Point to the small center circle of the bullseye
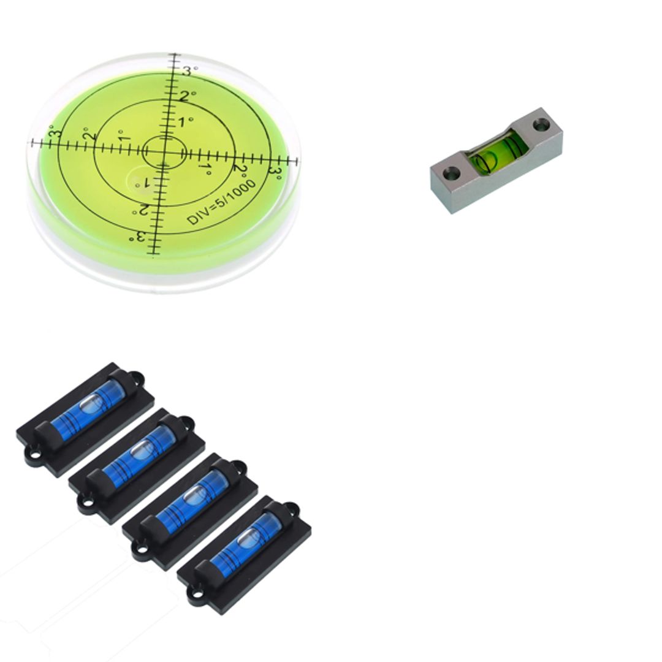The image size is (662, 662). click(164, 151)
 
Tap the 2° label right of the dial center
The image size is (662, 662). click(240, 170)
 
